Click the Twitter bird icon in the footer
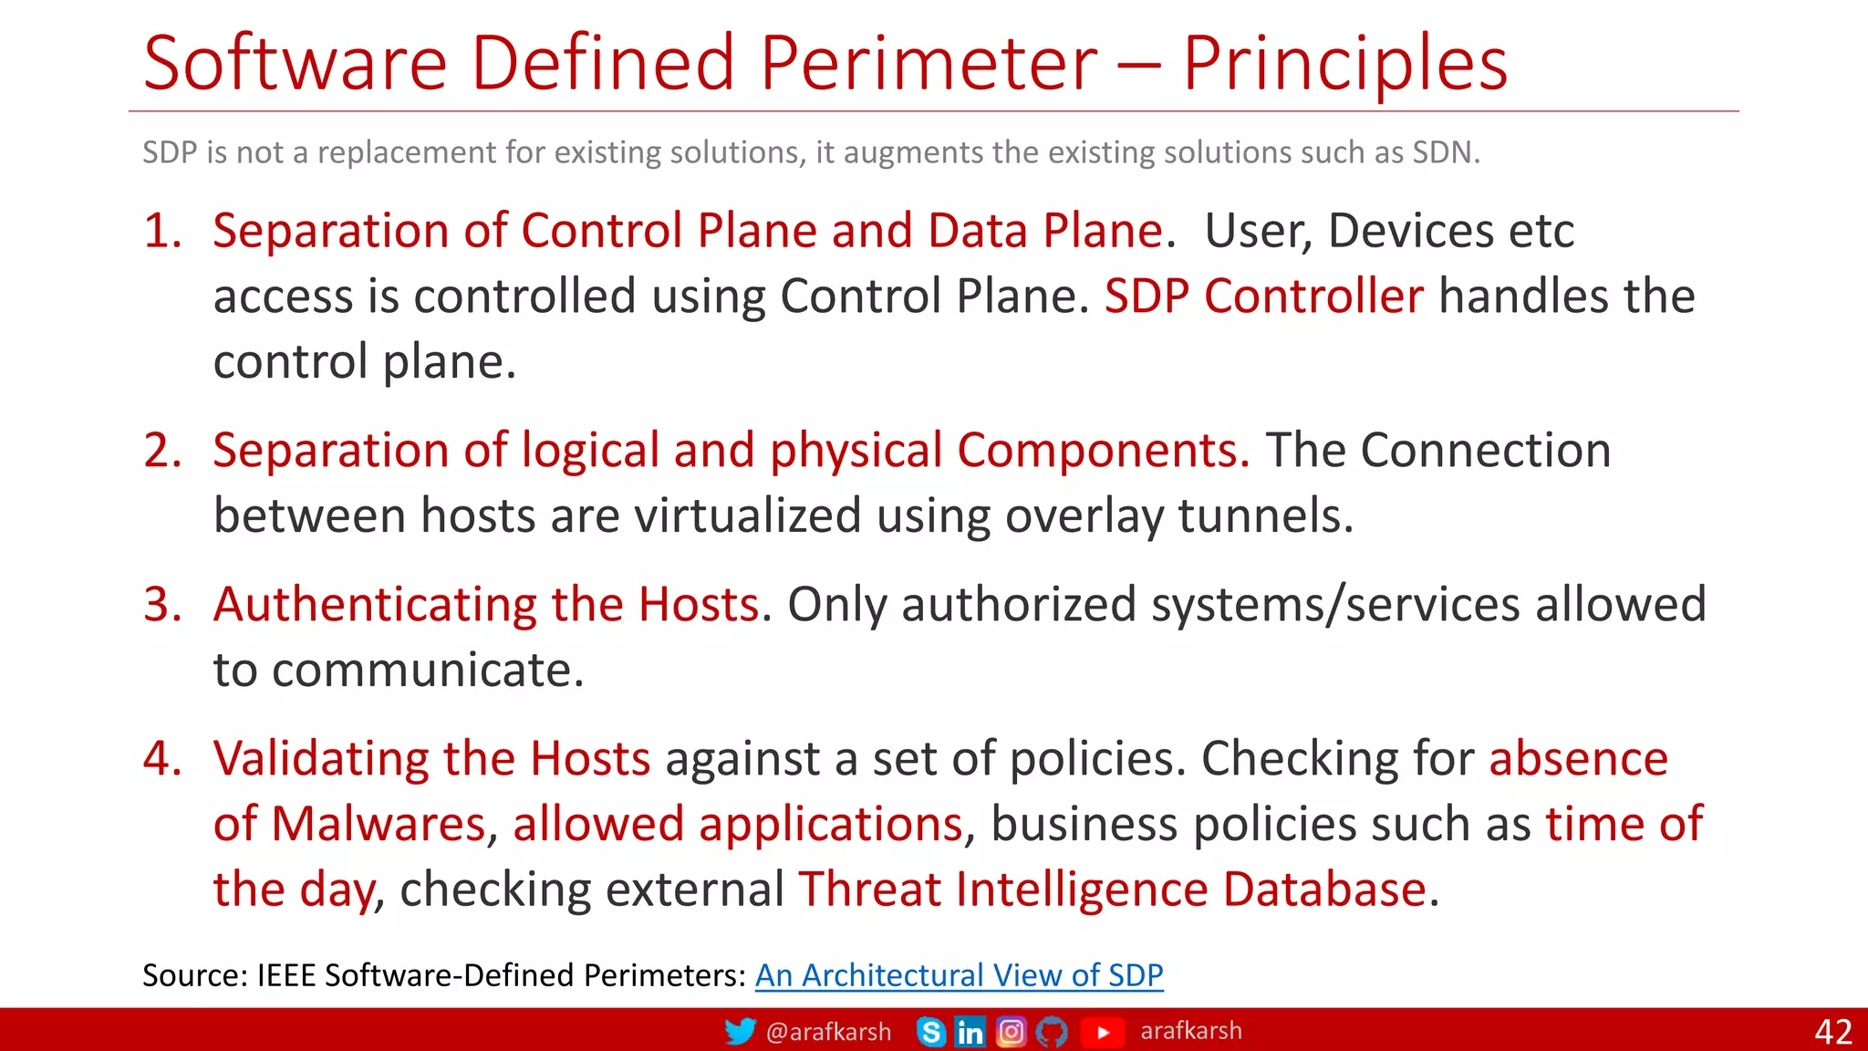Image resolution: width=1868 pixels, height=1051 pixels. tap(740, 1031)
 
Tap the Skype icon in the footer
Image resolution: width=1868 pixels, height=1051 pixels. tap(931, 1032)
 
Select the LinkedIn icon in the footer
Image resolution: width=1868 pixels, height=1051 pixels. tap(970, 1032)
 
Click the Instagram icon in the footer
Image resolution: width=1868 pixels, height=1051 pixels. tap(1011, 1032)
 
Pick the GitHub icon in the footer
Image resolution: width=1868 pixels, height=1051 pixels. tap(1052, 1032)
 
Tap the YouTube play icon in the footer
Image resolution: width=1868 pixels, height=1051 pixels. tap(1102, 1032)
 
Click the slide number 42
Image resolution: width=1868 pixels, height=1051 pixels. tap(1833, 1032)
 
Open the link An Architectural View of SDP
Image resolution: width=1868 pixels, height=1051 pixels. tap(959, 975)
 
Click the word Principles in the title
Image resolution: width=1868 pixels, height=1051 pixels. tap(1344, 63)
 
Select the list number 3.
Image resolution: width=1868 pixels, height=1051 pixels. tap(162, 604)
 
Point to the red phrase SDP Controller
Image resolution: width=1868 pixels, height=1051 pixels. tap(1263, 296)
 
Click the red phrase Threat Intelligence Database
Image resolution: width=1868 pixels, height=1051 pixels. tap(1112, 889)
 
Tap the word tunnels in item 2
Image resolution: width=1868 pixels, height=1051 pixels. tap(1265, 515)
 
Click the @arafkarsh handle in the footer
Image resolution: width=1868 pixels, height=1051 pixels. tap(828, 1032)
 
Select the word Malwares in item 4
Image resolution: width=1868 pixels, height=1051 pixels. tap(378, 824)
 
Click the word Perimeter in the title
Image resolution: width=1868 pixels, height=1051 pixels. tap(929, 63)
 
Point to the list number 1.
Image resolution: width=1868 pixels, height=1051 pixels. tap(162, 230)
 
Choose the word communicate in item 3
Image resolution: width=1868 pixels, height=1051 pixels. tap(427, 670)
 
